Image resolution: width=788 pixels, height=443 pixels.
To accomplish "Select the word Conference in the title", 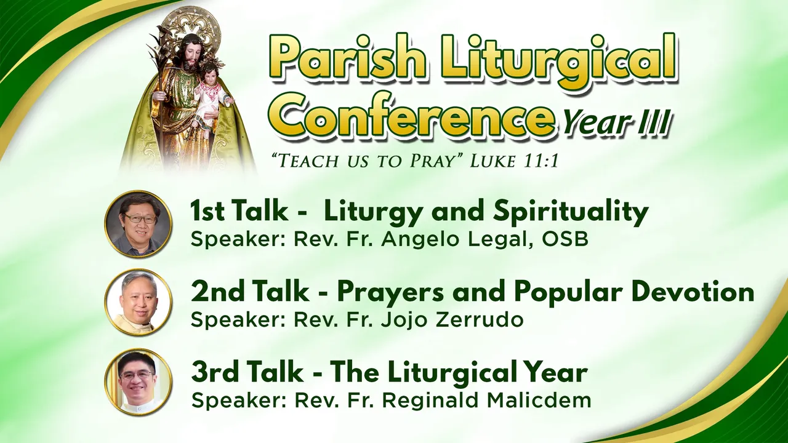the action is tap(414, 117).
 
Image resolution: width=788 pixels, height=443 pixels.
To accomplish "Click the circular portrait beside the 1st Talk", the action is tap(139, 223).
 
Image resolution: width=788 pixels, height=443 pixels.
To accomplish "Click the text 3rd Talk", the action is tap(247, 372).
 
